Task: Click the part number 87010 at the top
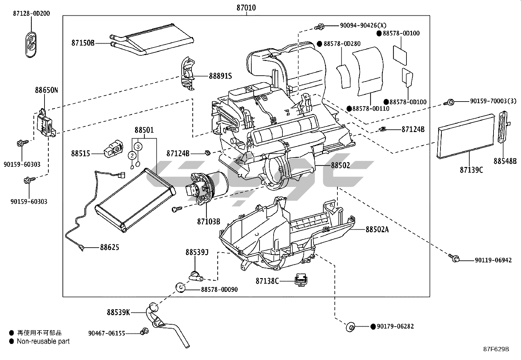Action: [x=246, y=8]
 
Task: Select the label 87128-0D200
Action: [x=31, y=13]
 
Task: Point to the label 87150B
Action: [x=83, y=43]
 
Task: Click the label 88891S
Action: [x=220, y=76]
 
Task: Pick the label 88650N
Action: [x=46, y=90]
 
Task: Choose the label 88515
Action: [x=81, y=153]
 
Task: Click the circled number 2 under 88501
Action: [x=132, y=155]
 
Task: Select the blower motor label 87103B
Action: [x=208, y=221]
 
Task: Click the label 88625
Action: [x=109, y=247]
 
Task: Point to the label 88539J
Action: [x=197, y=252]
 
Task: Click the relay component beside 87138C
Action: [x=301, y=279]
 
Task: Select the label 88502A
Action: [x=377, y=229]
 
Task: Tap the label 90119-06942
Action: [x=493, y=260]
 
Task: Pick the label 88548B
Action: [x=505, y=161]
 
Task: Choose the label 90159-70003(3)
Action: [x=493, y=101]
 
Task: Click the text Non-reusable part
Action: [x=43, y=341]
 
